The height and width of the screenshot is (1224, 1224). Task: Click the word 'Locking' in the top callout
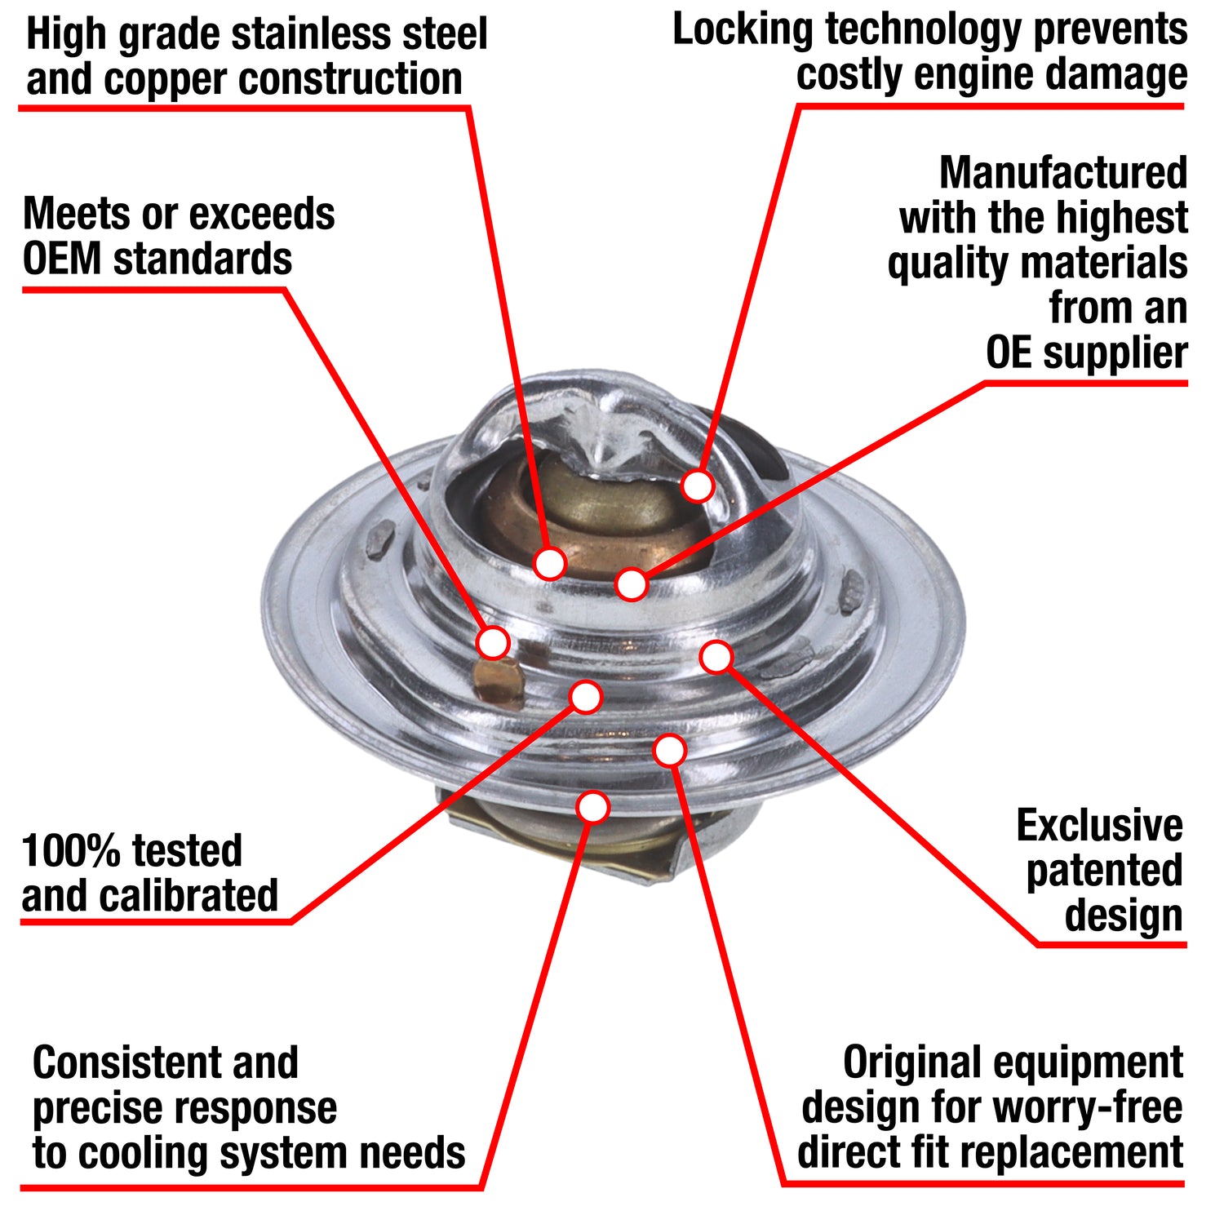click(743, 31)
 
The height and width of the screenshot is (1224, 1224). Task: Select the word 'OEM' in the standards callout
click(62, 259)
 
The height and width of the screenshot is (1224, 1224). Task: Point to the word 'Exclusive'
click(1099, 826)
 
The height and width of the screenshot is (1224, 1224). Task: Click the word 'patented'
click(1104, 871)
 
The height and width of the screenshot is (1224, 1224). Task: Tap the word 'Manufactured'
click(1062, 173)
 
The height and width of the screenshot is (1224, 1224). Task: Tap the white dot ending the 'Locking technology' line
click(698, 486)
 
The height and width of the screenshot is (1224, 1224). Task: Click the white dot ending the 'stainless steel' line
click(550, 563)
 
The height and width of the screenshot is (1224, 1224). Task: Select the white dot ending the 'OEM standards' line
click(494, 642)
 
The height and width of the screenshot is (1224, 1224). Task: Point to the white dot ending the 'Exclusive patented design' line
click(716, 657)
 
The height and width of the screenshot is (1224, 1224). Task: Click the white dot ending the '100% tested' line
click(586, 697)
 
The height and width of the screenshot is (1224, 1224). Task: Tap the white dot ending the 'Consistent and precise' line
click(592, 807)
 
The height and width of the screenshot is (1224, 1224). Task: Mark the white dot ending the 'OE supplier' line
click(632, 584)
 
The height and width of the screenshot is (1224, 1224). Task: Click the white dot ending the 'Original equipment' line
click(669, 751)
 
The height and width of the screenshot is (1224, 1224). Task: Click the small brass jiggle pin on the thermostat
click(497, 681)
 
